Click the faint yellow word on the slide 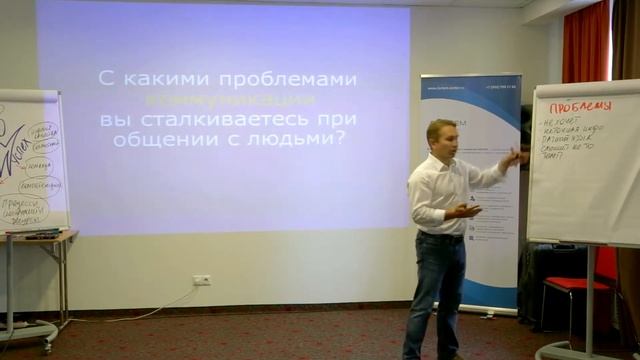(x=231, y=100)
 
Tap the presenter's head (x=441, y=137)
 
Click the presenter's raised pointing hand (x=517, y=158)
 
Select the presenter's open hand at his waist (x=466, y=210)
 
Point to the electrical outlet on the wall (x=202, y=280)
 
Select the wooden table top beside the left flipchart (x=40, y=236)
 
